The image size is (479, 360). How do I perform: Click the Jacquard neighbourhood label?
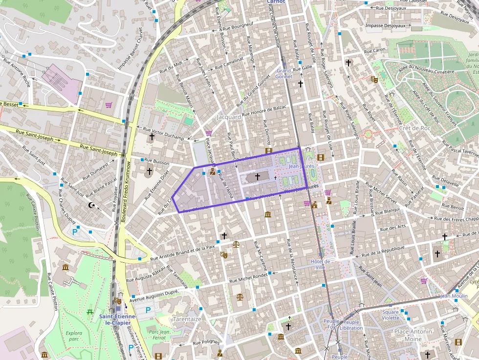click(229, 117)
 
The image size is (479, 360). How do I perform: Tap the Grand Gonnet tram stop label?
click(283, 74)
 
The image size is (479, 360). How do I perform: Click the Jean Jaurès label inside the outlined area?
click(301, 167)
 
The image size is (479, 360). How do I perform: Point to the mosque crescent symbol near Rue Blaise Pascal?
click(91, 205)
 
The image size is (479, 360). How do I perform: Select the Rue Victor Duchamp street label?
click(163, 134)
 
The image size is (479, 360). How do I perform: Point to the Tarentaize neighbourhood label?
click(187, 319)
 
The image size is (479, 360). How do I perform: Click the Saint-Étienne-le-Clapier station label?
click(118, 319)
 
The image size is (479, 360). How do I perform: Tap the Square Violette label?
click(391, 315)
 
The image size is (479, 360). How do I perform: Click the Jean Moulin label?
click(454, 296)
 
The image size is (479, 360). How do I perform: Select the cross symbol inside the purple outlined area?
click(258, 177)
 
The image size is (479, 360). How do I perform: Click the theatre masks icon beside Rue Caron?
click(374, 79)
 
